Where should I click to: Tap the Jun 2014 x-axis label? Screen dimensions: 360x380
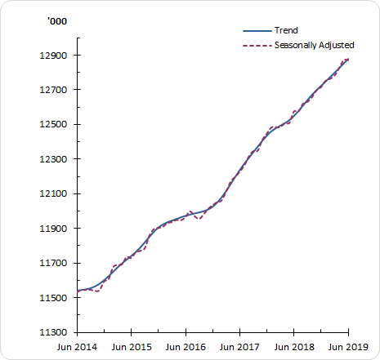(x=77, y=346)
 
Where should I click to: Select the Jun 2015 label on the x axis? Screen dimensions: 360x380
(x=131, y=346)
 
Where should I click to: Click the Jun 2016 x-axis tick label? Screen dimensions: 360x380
(x=186, y=346)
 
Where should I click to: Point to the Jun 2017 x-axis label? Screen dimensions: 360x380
(x=239, y=346)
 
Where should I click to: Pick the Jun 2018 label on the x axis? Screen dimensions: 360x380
(x=294, y=346)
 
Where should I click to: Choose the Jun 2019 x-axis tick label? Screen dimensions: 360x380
(x=348, y=346)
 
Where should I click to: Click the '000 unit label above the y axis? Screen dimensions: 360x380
(x=56, y=20)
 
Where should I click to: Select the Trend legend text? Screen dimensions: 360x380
(x=287, y=30)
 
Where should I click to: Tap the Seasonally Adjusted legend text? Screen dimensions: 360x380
(x=313, y=44)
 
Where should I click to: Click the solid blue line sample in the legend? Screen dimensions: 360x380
(x=257, y=30)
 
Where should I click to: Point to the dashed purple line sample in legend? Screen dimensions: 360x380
(x=257, y=44)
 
